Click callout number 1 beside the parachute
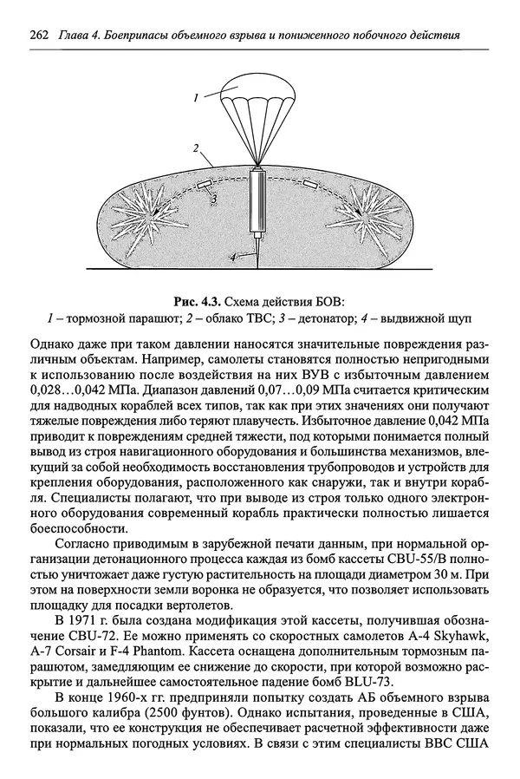(198, 99)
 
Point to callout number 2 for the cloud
(198, 148)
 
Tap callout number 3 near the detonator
(211, 200)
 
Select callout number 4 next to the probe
(232, 257)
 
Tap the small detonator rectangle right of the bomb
(309, 184)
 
